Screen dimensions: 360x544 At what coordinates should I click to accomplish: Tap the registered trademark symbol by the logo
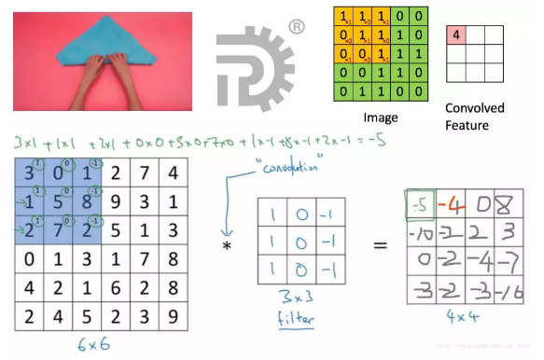coord(296,28)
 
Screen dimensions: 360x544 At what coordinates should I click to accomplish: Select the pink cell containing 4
coord(456,35)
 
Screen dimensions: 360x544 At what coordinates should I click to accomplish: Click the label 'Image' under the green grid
coord(380,118)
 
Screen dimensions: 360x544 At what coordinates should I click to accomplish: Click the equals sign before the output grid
coord(381,246)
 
